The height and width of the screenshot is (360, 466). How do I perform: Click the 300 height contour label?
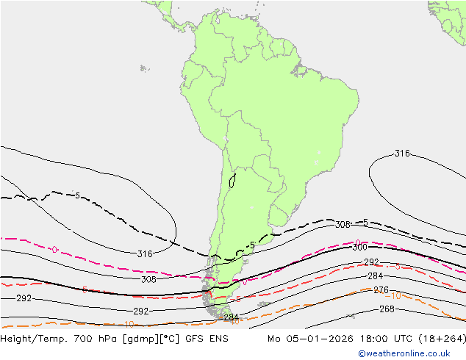pos(359,248)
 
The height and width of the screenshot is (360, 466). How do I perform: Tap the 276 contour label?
pos(381,290)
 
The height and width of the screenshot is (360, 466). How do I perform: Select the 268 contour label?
pos(387,309)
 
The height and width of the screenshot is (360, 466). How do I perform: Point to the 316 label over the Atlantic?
pos(402,154)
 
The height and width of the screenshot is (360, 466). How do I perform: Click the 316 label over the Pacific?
pos(145,254)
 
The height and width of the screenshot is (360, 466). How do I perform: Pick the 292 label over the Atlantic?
pos(372,262)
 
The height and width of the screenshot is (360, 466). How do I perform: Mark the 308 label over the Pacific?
pos(148,279)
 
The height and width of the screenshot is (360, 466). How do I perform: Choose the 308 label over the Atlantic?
pos(343,225)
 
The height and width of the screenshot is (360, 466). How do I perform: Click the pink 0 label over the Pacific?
pos(54,250)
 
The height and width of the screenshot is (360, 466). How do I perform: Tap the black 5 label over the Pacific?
pos(77,195)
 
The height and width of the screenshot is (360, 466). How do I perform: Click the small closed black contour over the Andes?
pos(232,180)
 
